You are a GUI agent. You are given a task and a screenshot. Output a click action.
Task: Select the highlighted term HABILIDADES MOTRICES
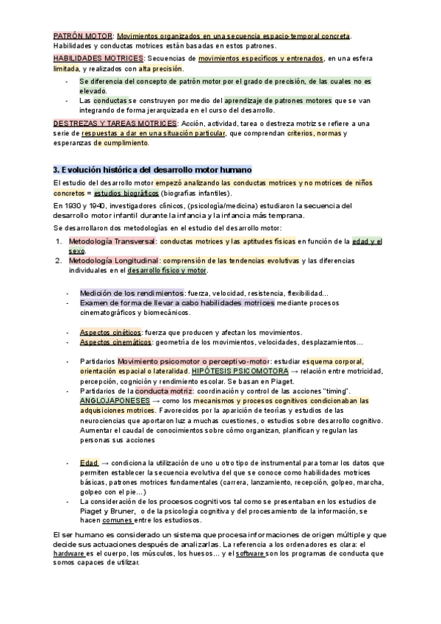coord(98,58)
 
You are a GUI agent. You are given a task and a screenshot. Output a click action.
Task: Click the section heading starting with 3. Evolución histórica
coord(152,170)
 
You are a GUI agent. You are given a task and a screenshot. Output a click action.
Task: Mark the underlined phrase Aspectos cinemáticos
coord(115,342)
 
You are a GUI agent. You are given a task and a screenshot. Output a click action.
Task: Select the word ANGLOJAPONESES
coord(115,400)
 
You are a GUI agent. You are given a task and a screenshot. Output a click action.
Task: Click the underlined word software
coord(251,553)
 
